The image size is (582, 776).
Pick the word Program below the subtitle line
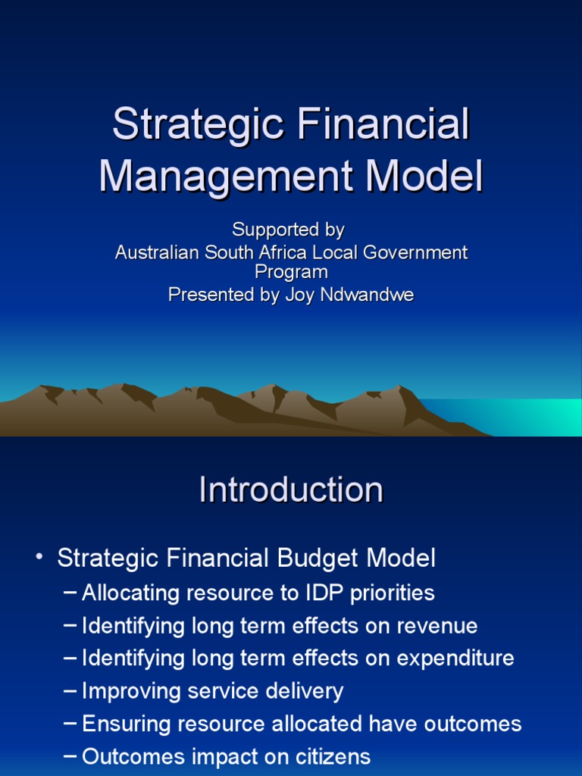pyautogui.click(x=291, y=272)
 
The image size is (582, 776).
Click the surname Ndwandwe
pyautogui.click(x=368, y=295)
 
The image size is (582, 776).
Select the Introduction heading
pyautogui.click(x=291, y=490)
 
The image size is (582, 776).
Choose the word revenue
pyautogui.click(x=440, y=626)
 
